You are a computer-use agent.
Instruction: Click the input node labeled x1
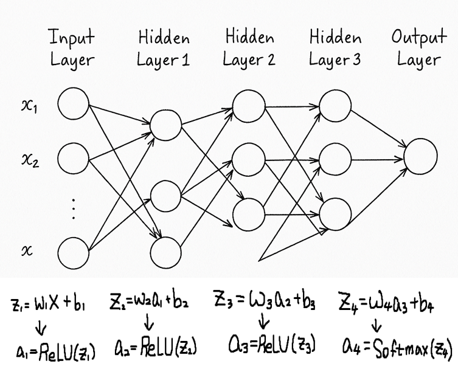click(74, 104)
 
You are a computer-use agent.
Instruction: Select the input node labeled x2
click(74, 160)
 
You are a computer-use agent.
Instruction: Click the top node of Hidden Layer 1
click(166, 125)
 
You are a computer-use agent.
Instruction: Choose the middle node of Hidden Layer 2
click(248, 159)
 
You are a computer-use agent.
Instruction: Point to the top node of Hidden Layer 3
click(335, 105)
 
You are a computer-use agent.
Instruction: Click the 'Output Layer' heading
click(418, 48)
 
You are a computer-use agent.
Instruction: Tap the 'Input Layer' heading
click(72, 48)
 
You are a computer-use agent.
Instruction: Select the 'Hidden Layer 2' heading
click(249, 48)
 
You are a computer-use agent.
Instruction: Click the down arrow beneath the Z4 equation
click(377, 328)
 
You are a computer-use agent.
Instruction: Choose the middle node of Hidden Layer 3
click(335, 159)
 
